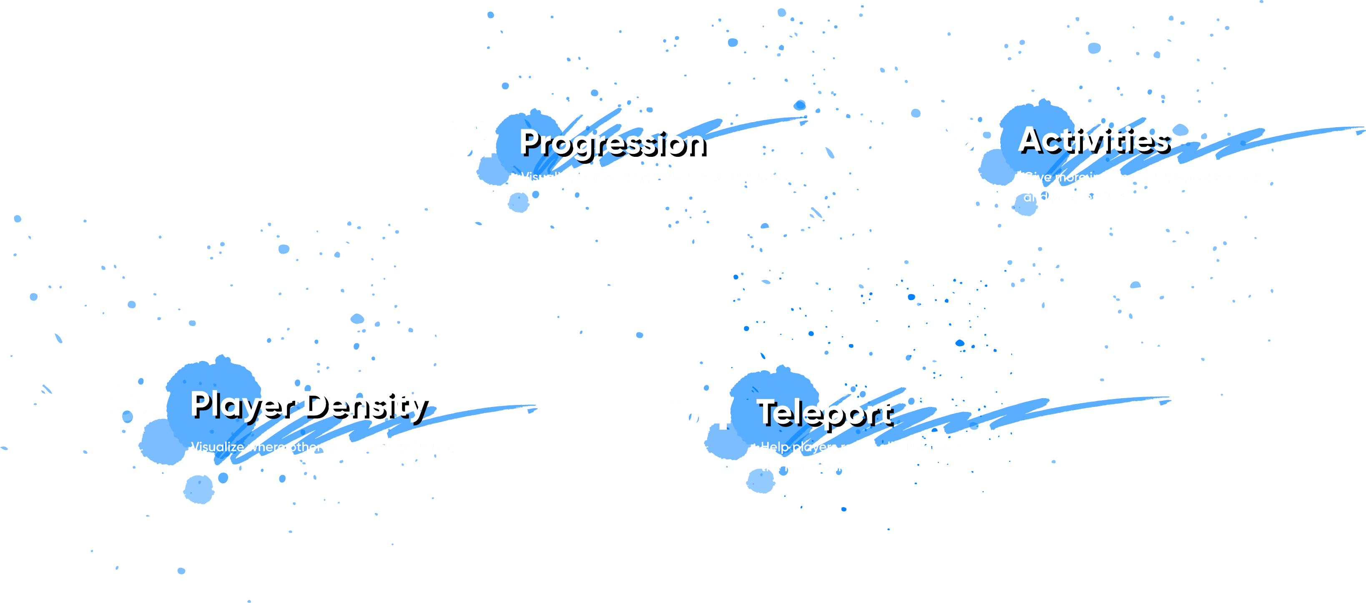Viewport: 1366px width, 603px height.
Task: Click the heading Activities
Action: pos(1093,140)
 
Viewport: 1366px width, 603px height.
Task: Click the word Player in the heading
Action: pos(241,405)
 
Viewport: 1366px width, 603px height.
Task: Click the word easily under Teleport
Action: pos(834,467)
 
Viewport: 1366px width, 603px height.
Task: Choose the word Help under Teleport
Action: pos(774,447)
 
